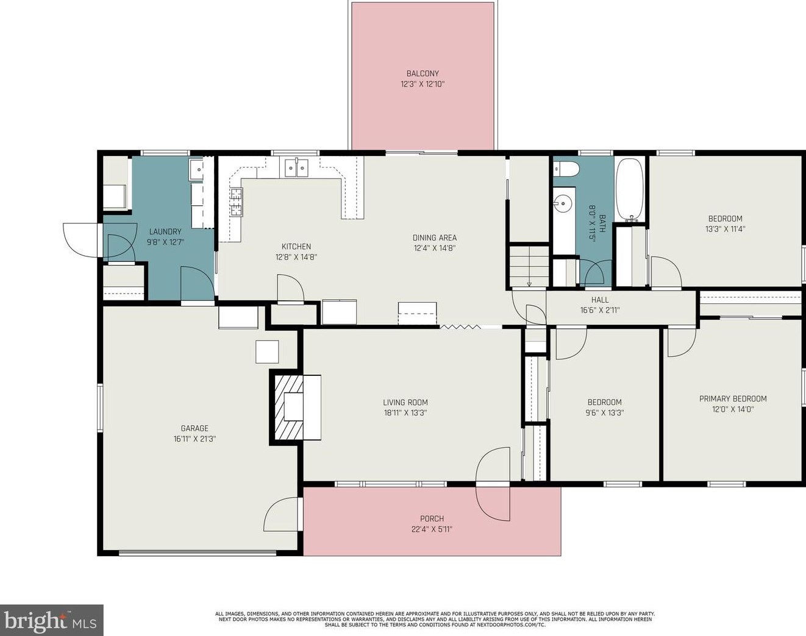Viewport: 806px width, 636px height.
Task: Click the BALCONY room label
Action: click(423, 74)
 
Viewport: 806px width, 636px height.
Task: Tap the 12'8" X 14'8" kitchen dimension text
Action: click(296, 257)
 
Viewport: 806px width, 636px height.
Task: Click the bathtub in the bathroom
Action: click(629, 189)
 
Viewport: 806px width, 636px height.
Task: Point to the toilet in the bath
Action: click(565, 169)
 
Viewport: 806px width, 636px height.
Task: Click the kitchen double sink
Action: click(296, 168)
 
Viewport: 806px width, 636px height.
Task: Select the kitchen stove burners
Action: click(235, 202)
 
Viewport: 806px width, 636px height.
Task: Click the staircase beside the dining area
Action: click(529, 265)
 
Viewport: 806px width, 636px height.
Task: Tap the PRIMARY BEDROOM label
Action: click(733, 399)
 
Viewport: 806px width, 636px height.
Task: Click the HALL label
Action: click(600, 300)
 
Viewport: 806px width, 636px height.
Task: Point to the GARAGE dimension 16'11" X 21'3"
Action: click(194, 439)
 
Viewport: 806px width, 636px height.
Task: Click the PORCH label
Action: click(432, 519)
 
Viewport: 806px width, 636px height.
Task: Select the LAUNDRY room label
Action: click(165, 231)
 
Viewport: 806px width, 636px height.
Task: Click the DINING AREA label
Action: click(434, 238)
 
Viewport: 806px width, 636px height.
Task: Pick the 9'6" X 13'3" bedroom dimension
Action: click(605, 412)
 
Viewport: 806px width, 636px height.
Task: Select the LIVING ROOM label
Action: click(405, 402)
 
